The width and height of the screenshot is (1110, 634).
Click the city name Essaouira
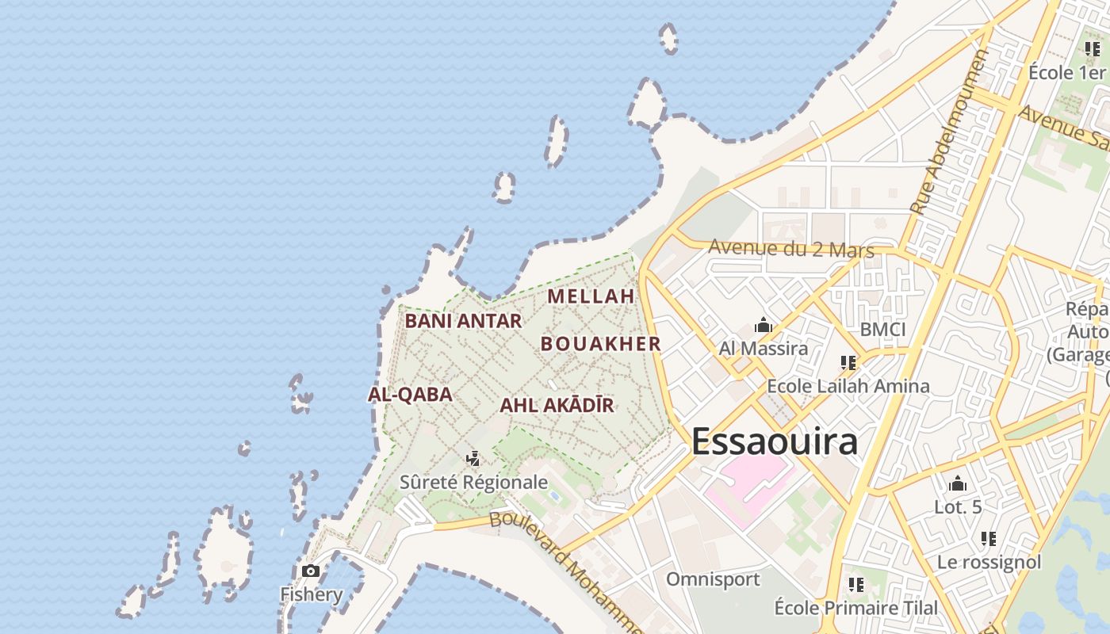click(775, 441)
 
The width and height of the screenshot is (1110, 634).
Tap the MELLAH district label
click(591, 296)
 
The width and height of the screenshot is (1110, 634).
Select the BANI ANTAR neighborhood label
click(463, 321)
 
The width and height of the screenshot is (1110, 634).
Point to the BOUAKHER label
click(601, 343)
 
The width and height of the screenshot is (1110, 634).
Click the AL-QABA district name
click(410, 395)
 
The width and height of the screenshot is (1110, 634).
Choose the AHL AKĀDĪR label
click(557, 406)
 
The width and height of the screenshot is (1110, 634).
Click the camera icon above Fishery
click(311, 571)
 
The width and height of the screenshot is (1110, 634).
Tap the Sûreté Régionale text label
click(473, 482)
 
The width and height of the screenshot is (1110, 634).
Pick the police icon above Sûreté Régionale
click(473, 458)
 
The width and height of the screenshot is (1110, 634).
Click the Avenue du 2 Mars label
click(790, 248)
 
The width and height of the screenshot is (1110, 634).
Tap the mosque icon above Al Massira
click(764, 325)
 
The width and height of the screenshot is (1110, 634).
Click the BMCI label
click(882, 329)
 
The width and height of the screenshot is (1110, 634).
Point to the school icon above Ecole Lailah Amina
click(848, 363)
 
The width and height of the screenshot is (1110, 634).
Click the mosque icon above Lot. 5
click(958, 483)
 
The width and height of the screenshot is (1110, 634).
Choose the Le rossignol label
click(989, 562)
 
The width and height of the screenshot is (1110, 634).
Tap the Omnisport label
click(713, 579)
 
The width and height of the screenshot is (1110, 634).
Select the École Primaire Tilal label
click(855, 608)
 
